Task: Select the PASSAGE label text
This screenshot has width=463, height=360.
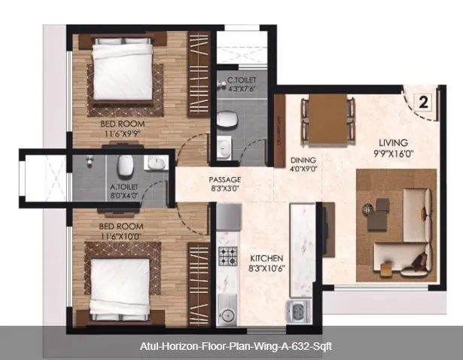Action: (x=224, y=179)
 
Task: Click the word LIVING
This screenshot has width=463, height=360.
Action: (x=394, y=142)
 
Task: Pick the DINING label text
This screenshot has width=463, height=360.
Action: (x=303, y=160)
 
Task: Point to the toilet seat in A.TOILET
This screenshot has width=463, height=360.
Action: (x=126, y=164)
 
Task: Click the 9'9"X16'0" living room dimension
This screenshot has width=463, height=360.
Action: (x=394, y=153)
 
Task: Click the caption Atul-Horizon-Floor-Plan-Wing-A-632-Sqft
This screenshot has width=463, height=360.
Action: (x=231, y=347)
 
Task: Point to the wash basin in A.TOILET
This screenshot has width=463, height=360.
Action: (x=155, y=163)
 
